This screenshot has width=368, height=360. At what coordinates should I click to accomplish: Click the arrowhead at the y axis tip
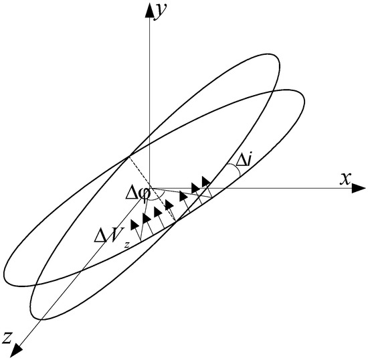pyautogui.click(x=149, y=7)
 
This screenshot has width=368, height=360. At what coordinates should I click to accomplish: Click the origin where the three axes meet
pyautogui.click(x=149, y=190)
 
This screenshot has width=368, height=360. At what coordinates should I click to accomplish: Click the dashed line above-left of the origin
pyautogui.click(x=137, y=173)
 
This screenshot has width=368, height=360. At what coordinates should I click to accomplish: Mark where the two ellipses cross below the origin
pyautogui.click(x=175, y=224)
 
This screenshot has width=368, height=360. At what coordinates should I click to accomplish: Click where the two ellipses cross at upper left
pyautogui.click(x=126, y=157)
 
